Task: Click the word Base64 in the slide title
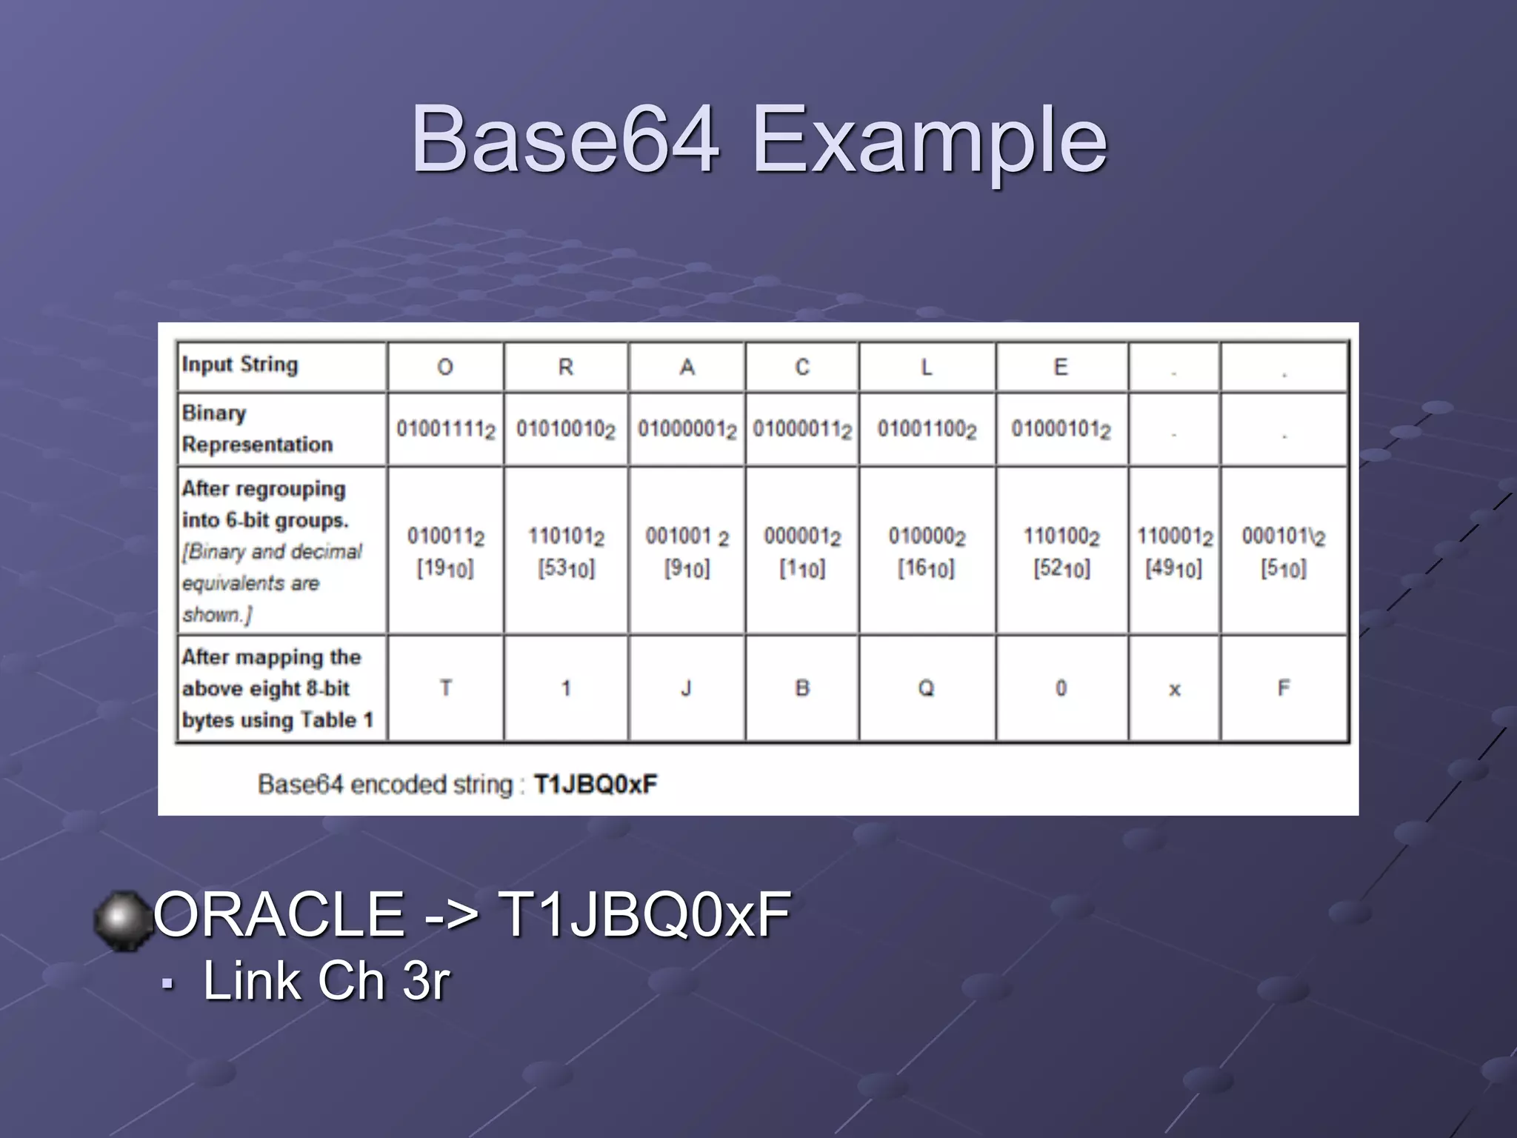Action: click(564, 139)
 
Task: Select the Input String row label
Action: click(240, 365)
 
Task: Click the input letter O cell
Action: click(445, 367)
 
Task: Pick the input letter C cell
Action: click(802, 367)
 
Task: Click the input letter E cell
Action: click(1061, 367)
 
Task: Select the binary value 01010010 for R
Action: click(565, 429)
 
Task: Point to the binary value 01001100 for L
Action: click(927, 429)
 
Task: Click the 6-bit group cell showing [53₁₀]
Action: click(566, 551)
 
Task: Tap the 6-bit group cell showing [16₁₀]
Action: click(927, 551)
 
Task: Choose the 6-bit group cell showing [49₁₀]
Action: click(1174, 551)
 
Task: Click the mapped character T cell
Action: click(446, 688)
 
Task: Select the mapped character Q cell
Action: click(926, 688)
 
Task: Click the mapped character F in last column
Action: click(1284, 688)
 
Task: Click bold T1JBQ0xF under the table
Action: click(596, 784)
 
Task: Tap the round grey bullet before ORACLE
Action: click(120, 919)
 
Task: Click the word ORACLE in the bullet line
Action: click(279, 915)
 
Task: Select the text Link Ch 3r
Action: click(326, 981)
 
